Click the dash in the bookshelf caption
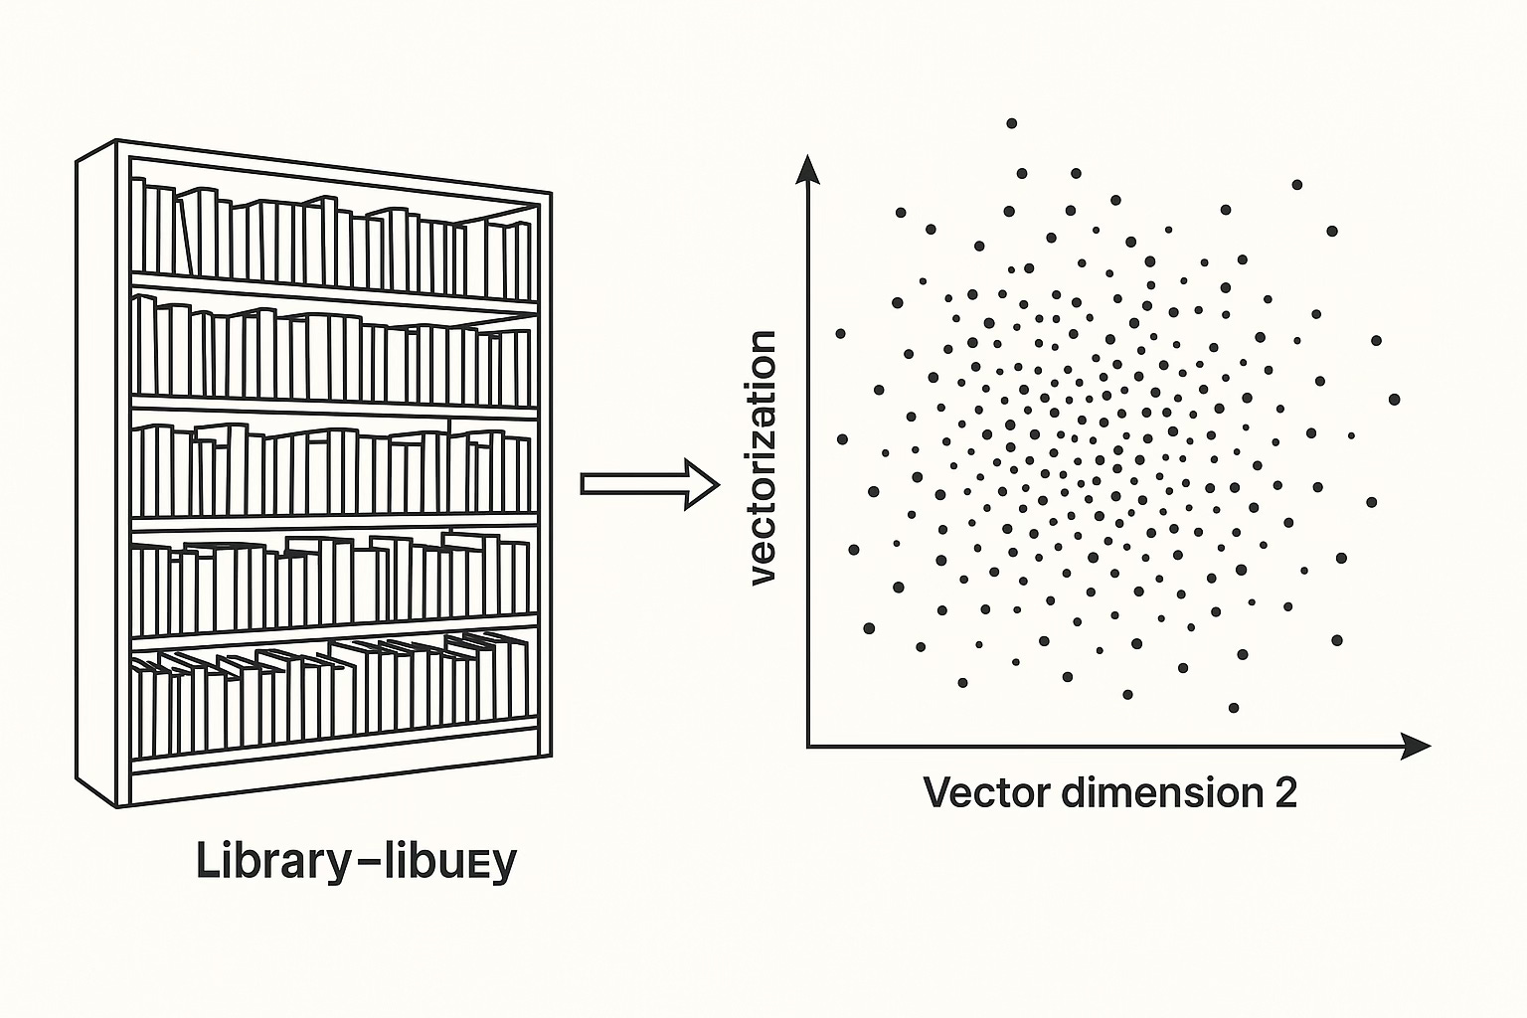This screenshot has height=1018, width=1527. tap(365, 861)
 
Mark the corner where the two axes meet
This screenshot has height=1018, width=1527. tap(808, 745)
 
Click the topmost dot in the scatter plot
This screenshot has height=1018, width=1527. tap(1012, 123)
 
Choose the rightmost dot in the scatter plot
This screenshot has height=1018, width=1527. tap(1394, 399)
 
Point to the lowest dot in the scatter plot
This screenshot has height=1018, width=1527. tap(1234, 708)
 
